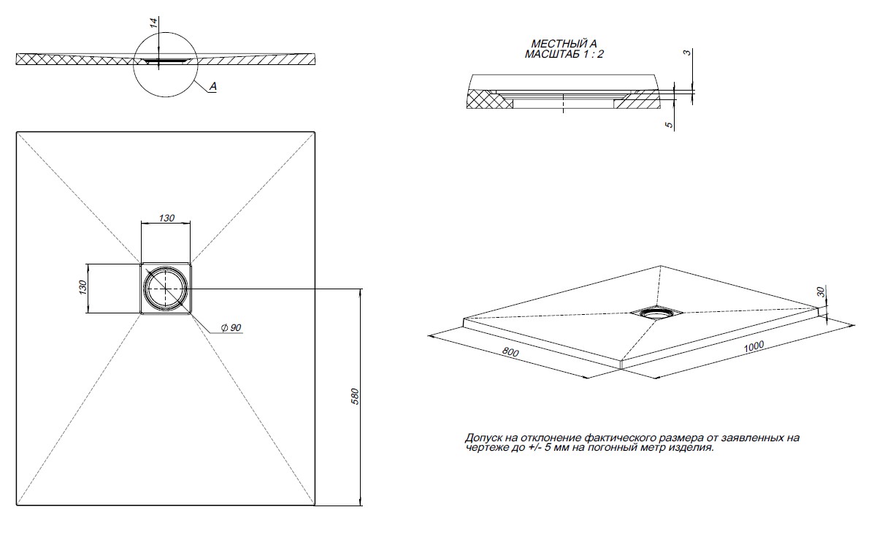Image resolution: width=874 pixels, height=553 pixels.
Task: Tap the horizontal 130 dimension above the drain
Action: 166,218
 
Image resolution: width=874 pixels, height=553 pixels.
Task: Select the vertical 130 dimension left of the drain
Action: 83,288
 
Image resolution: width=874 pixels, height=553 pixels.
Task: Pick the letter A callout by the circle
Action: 212,86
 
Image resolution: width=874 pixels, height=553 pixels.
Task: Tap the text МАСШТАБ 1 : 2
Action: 564,54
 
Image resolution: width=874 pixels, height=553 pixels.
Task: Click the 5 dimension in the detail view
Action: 669,125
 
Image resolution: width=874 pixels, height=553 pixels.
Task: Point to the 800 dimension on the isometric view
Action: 511,353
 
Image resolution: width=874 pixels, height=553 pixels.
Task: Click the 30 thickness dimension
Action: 821,291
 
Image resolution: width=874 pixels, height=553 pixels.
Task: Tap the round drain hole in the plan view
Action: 166,287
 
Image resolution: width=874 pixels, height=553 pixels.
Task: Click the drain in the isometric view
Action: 656,313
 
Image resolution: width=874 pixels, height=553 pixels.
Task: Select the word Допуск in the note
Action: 483,438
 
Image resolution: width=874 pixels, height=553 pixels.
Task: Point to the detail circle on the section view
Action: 165,65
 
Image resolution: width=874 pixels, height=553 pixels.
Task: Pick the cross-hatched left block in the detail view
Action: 490,99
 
